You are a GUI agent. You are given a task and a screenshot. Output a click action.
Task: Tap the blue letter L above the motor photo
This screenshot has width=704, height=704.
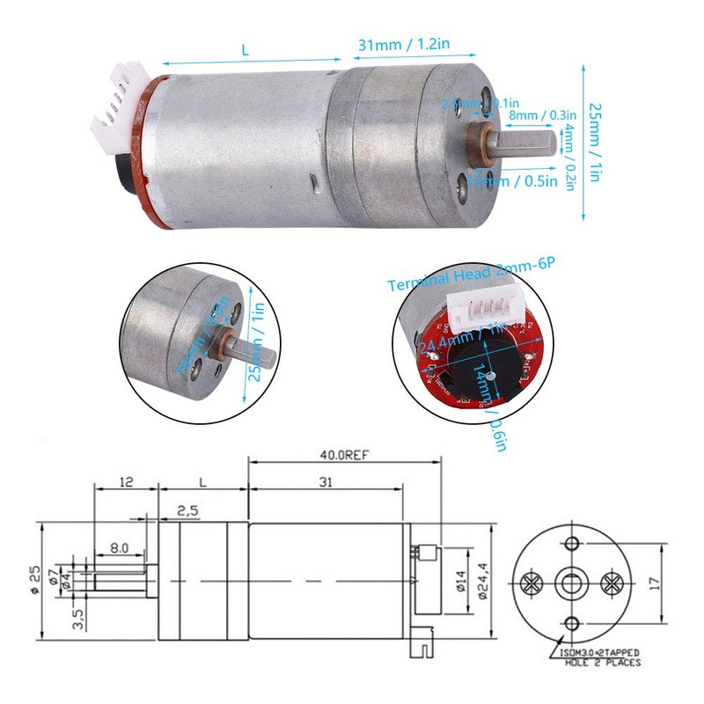coord(246,52)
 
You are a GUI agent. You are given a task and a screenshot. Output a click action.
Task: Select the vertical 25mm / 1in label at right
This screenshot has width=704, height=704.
coord(594,142)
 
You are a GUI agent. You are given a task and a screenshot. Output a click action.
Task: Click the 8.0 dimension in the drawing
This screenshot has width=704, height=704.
coord(118,547)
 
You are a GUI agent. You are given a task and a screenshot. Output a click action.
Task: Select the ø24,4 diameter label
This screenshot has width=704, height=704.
coord(481,582)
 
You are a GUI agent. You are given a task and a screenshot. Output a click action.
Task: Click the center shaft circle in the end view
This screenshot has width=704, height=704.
coord(571,582)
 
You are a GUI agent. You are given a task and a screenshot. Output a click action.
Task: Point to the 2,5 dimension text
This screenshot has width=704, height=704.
coord(187,510)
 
